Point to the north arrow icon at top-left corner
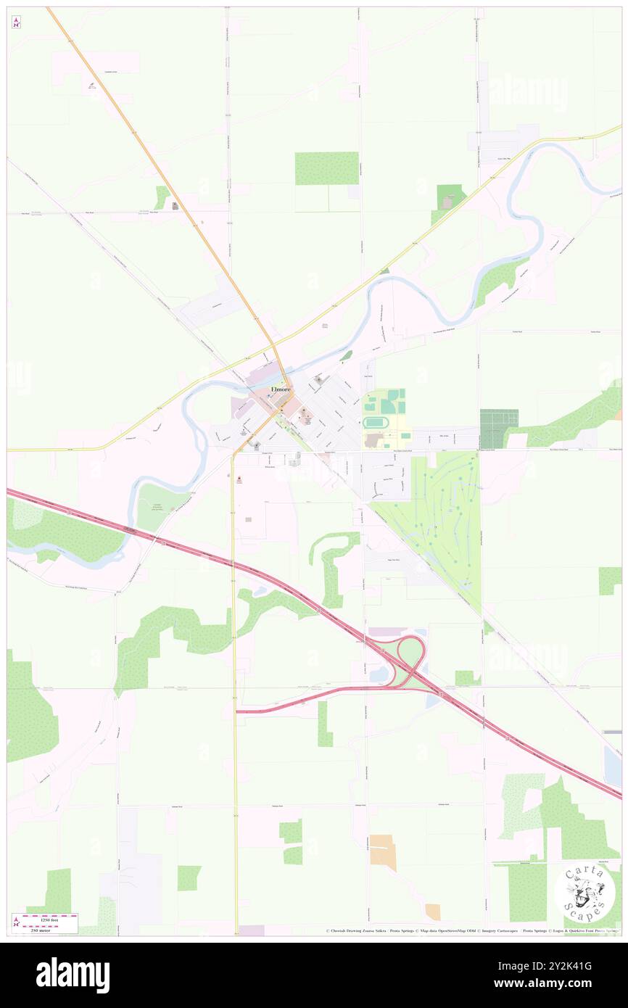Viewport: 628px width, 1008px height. point(16,22)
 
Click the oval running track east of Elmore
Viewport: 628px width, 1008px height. point(376,423)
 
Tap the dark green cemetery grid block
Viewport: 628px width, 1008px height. point(499,429)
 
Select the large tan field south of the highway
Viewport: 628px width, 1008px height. point(383,853)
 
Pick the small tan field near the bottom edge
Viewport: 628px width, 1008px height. point(432,912)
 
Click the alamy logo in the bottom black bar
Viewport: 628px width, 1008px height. point(73,975)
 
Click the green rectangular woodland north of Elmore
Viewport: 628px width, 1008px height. point(326,168)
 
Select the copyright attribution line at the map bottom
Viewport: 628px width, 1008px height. point(471,930)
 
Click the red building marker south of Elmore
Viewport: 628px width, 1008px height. point(239,478)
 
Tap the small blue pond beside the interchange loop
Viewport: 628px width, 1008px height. point(378,674)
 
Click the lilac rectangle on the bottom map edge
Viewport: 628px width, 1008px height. point(252,930)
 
